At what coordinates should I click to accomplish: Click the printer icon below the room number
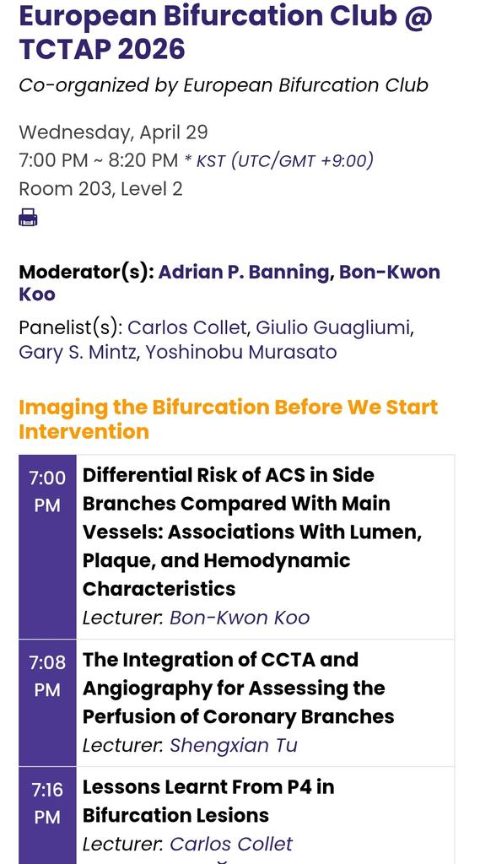28,218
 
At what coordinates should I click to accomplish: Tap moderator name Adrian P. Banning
244,273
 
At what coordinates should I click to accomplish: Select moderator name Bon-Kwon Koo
389,273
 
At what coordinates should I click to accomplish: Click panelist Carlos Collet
187,327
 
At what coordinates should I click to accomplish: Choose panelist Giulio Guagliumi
333,327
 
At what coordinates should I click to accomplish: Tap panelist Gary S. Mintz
77,352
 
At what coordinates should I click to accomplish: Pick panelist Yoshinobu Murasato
240,352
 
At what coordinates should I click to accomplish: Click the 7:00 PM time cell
47,491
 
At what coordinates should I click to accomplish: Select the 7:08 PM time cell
47,676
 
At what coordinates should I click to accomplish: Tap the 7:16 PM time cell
47,803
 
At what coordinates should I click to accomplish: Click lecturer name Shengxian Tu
233,745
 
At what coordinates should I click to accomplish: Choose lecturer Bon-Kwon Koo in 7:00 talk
240,618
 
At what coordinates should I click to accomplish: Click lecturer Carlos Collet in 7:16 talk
230,844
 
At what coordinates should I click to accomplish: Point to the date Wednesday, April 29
113,132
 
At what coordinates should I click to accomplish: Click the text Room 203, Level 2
100,189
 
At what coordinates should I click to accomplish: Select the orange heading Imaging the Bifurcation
228,418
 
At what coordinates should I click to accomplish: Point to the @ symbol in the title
417,17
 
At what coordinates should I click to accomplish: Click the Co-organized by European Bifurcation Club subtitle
223,85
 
